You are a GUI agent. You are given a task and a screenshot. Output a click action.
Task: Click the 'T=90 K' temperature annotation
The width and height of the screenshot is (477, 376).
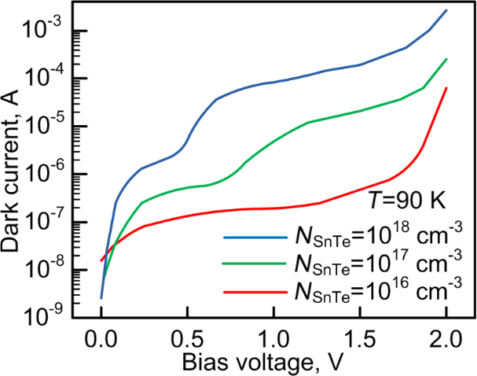point(408,201)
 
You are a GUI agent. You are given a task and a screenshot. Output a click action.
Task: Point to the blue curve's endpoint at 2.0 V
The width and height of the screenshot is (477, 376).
point(446,10)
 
